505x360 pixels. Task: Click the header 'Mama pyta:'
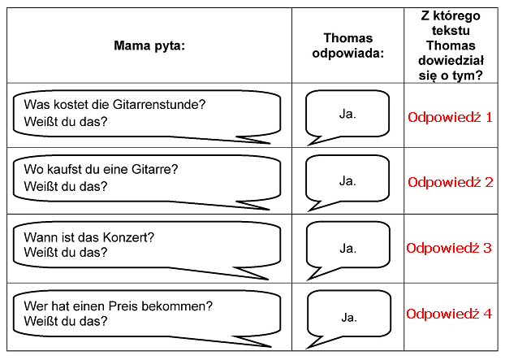coord(149,46)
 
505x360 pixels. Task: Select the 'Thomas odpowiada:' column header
coord(347,46)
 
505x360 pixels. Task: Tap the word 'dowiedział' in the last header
coord(451,60)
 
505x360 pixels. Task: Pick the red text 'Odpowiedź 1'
coord(451,117)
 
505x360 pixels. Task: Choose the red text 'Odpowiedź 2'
coord(451,182)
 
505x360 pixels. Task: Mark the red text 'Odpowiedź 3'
coord(449,248)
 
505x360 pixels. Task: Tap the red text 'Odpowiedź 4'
coord(449,314)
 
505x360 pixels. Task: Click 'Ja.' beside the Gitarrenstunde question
coord(347,114)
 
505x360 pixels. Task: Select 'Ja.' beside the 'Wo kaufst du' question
coord(347,181)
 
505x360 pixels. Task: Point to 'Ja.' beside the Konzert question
coord(347,249)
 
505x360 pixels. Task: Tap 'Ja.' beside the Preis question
coord(349,318)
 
